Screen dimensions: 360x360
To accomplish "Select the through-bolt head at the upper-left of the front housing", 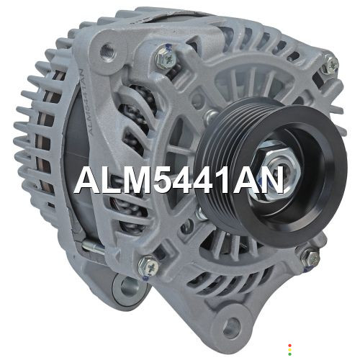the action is pyautogui.click(x=166, y=58).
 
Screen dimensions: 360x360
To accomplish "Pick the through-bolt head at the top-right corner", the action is pyautogui.click(x=330, y=65).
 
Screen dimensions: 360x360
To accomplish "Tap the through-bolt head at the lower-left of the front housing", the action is pyautogui.click(x=149, y=266).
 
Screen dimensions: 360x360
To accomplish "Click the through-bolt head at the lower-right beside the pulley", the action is pyautogui.click(x=311, y=258).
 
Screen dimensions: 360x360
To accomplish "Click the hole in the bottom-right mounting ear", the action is pyautogui.click(x=231, y=327).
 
